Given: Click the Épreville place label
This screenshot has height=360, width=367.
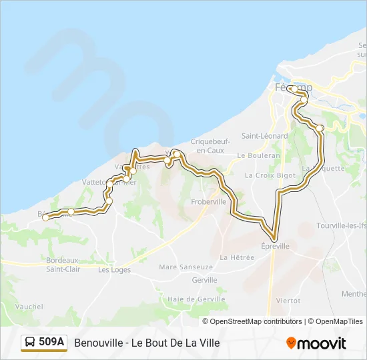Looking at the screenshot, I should pos(274,246).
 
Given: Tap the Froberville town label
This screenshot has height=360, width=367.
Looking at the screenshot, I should pos(208,201).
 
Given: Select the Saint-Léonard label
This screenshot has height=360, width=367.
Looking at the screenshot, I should pos(264,136).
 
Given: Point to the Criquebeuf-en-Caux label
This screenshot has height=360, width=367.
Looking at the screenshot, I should pos(207,146).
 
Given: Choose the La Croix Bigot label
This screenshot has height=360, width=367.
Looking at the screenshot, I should pos(270,175).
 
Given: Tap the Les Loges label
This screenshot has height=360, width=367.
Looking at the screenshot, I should pos(114,270).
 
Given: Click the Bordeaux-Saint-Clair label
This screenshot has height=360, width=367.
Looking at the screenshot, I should pos(63,264).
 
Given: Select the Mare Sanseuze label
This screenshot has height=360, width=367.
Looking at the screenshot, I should pos(186,267).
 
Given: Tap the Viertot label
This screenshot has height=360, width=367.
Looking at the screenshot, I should pos(288,301).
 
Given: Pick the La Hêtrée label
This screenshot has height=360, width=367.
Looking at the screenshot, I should pos(233,257).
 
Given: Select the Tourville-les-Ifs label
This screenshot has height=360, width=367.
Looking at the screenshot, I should pos(342,225).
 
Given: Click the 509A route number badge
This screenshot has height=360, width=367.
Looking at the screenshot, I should pos(44,343).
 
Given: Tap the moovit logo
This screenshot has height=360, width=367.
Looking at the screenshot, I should pos(316,343).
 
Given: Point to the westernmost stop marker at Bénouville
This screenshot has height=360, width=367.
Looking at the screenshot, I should pos(46,217).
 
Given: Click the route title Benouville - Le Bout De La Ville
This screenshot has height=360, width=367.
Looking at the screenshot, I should pos(147,343).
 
